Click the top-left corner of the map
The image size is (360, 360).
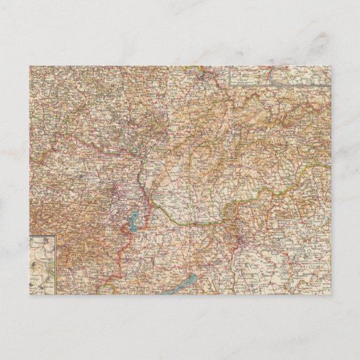tap(29, 67)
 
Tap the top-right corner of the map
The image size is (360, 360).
tap(331, 67)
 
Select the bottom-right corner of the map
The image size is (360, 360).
tap(331, 303)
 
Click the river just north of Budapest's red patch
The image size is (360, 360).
tap(239, 228)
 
